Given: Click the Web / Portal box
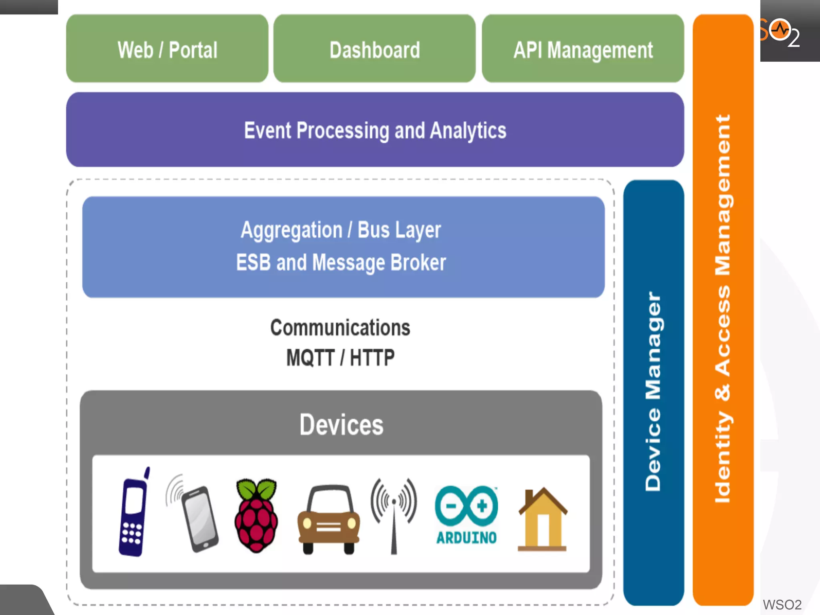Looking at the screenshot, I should point(167,49).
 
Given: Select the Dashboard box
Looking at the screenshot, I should point(375,49).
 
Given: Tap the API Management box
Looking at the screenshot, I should point(583,49).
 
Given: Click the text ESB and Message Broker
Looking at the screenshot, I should point(341,263).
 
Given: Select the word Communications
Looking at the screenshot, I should point(340,328).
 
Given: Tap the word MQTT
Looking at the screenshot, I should point(310,358).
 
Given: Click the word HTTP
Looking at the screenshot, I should point(372,358).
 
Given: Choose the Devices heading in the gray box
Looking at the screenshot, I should point(342,425).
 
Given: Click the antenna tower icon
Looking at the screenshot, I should point(394,514).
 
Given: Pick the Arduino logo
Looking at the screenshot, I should point(467,515).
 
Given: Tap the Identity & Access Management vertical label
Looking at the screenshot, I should point(723,308).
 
